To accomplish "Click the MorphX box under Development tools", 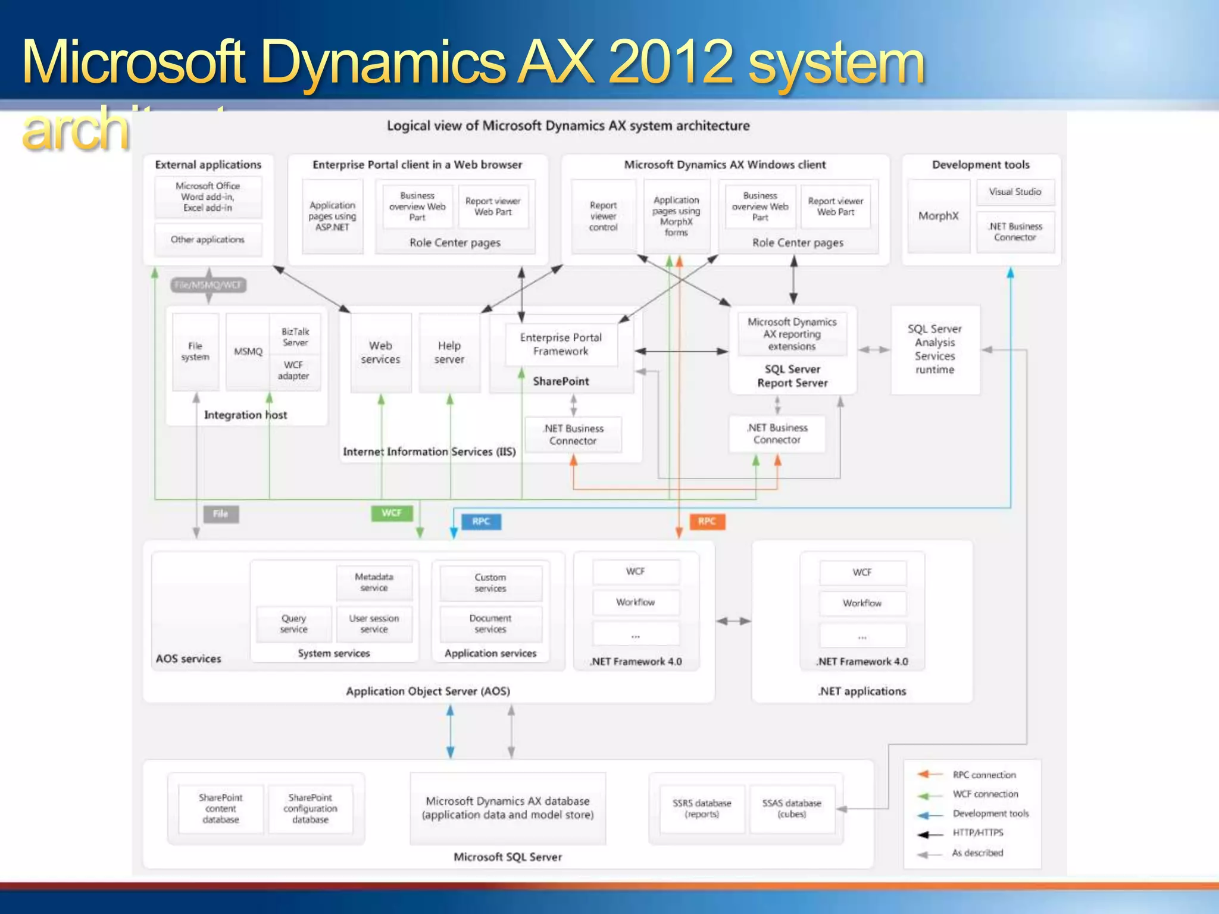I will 938,216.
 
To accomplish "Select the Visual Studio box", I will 1015,192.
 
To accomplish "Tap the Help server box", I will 449,352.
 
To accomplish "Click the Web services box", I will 380,352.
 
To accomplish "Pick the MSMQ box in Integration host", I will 248,352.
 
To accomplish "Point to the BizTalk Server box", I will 295,337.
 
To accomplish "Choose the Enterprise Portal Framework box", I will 561,345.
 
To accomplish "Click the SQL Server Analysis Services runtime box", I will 934,349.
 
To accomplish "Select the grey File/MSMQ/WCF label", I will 208,285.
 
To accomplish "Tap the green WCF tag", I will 391,513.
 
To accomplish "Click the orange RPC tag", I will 707,521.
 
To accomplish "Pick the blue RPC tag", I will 481,522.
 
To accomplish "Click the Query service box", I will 293,624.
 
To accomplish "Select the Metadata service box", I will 374,582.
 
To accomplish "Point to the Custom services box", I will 490,583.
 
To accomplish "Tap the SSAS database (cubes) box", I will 791,809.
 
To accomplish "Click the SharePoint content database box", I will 220,809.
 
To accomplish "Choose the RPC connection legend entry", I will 984,775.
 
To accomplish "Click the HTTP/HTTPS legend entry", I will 977,832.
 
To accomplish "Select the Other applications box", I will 208,239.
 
